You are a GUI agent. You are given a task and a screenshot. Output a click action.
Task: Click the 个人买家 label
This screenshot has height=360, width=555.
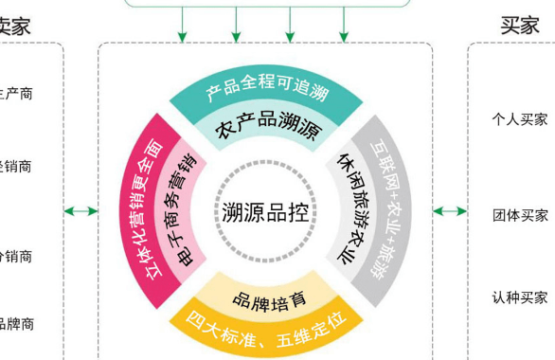pos(519,120)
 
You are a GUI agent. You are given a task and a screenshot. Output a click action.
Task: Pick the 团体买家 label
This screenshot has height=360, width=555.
pos(519,215)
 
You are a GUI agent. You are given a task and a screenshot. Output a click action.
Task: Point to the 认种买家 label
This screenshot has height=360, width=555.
pos(519,297)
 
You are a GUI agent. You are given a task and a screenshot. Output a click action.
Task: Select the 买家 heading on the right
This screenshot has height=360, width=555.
pos(519,27)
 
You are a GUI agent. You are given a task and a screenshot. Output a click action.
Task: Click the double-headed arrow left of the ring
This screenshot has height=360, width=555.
pos(81,211)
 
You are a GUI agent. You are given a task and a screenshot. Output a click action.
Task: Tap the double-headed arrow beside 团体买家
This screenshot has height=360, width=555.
pos(451,211)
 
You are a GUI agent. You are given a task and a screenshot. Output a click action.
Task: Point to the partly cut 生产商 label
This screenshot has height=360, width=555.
pos(15,95)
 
